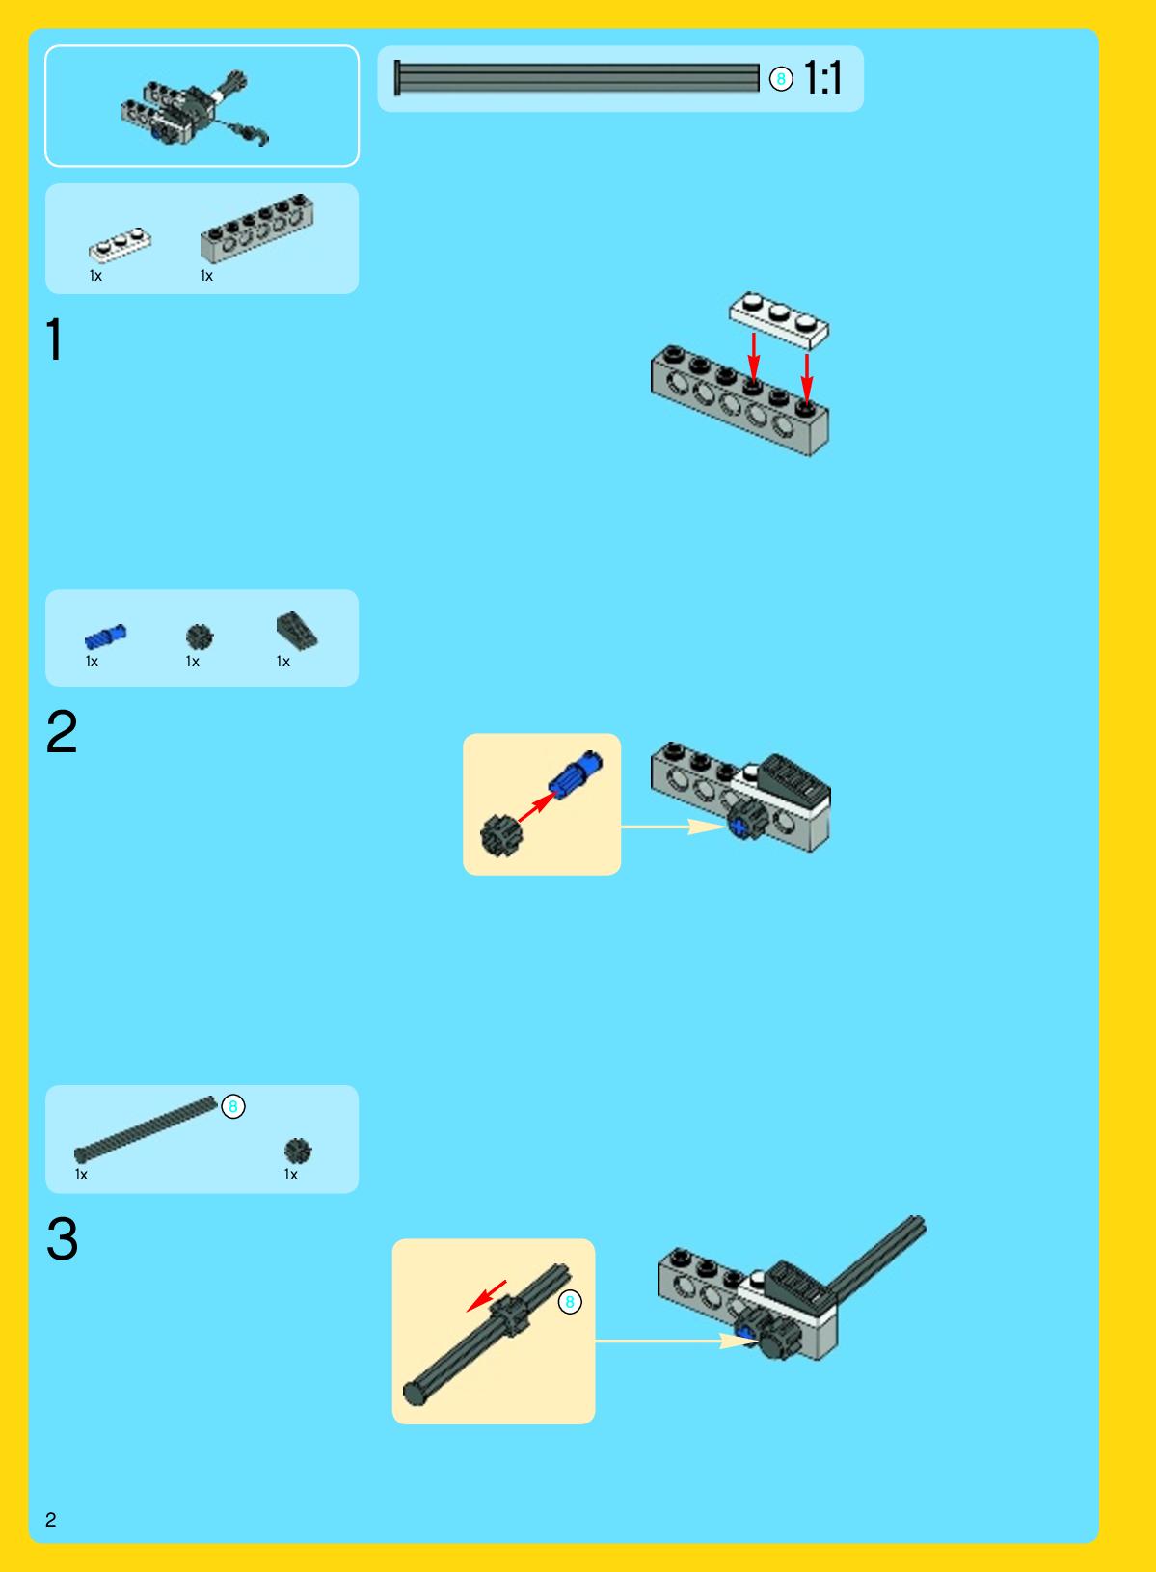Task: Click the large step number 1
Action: click(55, 339)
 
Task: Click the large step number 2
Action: click(62, 732)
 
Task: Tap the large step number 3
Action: click(62, 1238)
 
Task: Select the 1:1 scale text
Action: click(822, 77)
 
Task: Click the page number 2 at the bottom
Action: click(50, 1519)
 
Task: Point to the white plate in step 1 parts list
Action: click(120, 244)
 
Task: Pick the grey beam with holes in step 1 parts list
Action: click(256, 228)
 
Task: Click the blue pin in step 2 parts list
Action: click(105, 637)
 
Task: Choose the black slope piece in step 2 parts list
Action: click(297, 630)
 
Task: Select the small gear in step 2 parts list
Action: click(200, 637)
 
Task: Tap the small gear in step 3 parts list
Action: click(297, 1151)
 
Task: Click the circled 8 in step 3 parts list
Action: click(233, 1107)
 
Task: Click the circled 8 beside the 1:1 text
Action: click(781, 79)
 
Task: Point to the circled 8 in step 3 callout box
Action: click(570, 1302)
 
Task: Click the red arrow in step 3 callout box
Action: click(486, 1295)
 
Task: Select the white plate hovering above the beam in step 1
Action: click(779, 320)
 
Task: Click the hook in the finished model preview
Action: click(258, 135)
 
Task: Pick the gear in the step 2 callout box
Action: click(501, 836)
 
